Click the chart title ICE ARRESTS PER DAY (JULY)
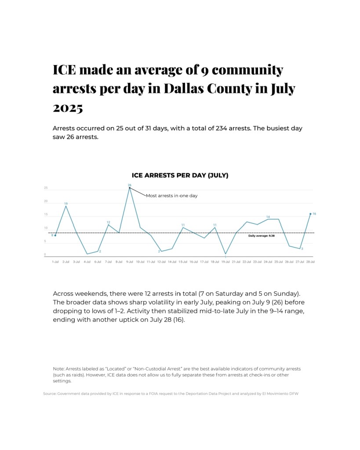[x=180, y=175]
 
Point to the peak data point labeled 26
[x=130, y=188]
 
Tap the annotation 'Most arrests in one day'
[x=171, y=196]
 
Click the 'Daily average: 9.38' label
[x=261, y=236]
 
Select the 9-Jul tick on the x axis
[x=130, y=261]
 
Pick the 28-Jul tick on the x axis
[x=310, y=261]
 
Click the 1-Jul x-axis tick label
[x=55, y=261]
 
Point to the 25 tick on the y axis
[x=46, y=188]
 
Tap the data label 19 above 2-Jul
[x=66, y=203]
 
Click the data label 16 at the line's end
[x=314, y=214]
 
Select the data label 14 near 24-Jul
[x=268, y=217]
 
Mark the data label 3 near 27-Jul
[x=302, y=249]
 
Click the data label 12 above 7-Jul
[x=108, y=222]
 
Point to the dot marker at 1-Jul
[x=55, y=235]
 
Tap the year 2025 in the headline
[x=68, y=108]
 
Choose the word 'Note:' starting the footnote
[x=58, y=368]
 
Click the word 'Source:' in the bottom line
[x=50, y=394]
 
